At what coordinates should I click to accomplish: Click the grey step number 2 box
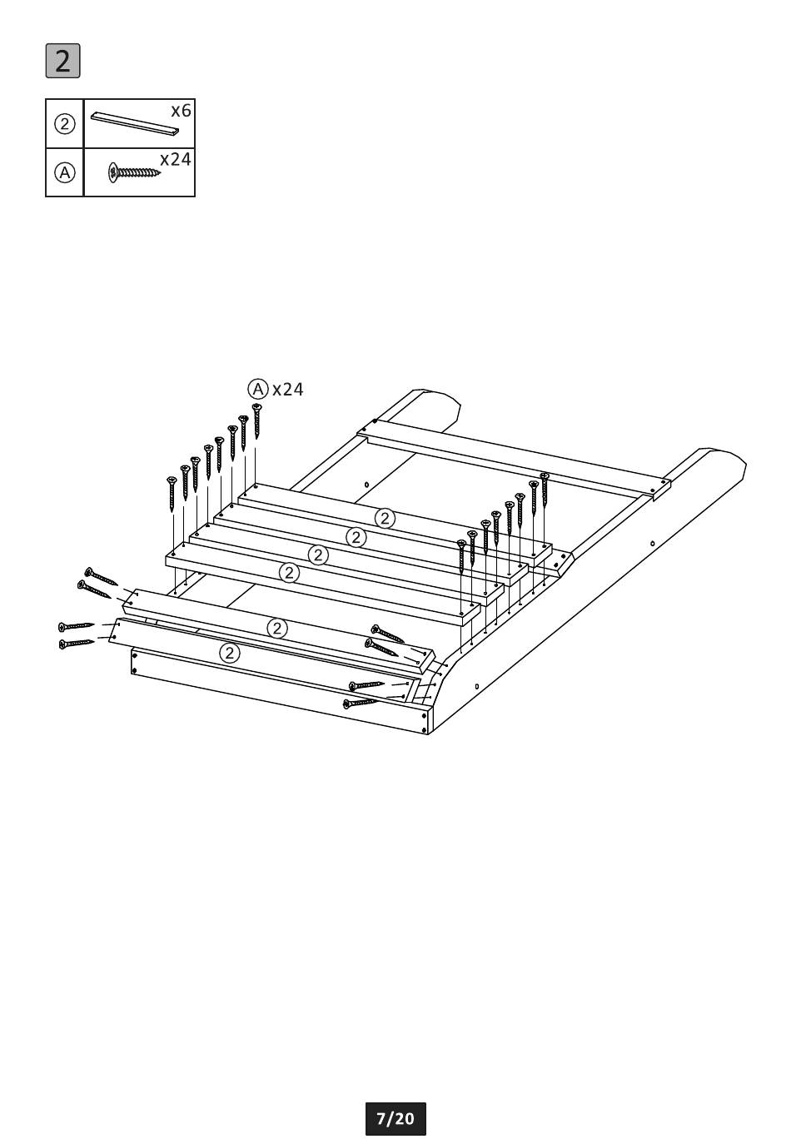click(x=62, y=61)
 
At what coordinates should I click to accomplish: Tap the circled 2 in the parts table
click(x=64, y=124)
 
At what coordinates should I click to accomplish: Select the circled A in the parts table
click(x=64, y=173)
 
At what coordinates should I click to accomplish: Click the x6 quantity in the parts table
click(x=181, y=110)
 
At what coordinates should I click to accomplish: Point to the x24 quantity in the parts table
click(x=176, y=159)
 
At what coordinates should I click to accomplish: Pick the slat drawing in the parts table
click(x=136, y=123)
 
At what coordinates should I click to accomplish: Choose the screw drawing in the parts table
click(x=134, y=172)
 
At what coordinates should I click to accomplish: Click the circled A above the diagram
click(x=258, y=389)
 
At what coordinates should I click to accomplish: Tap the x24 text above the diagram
click(x=288, y=390)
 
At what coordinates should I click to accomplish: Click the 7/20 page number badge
click(x=395, y=1118)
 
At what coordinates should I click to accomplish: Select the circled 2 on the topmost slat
click(x=385, y=519)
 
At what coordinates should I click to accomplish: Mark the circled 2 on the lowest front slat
click(x=230, y=654)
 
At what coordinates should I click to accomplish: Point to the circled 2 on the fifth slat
click(x=277, y=628)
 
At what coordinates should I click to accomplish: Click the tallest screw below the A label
click(x=256, y=420)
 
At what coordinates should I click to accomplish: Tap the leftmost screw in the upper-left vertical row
click(x=172, y=494)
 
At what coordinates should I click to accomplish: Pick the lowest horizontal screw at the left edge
click(x=77, y=644)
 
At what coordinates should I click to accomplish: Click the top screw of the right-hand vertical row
click(x=545, y=490)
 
